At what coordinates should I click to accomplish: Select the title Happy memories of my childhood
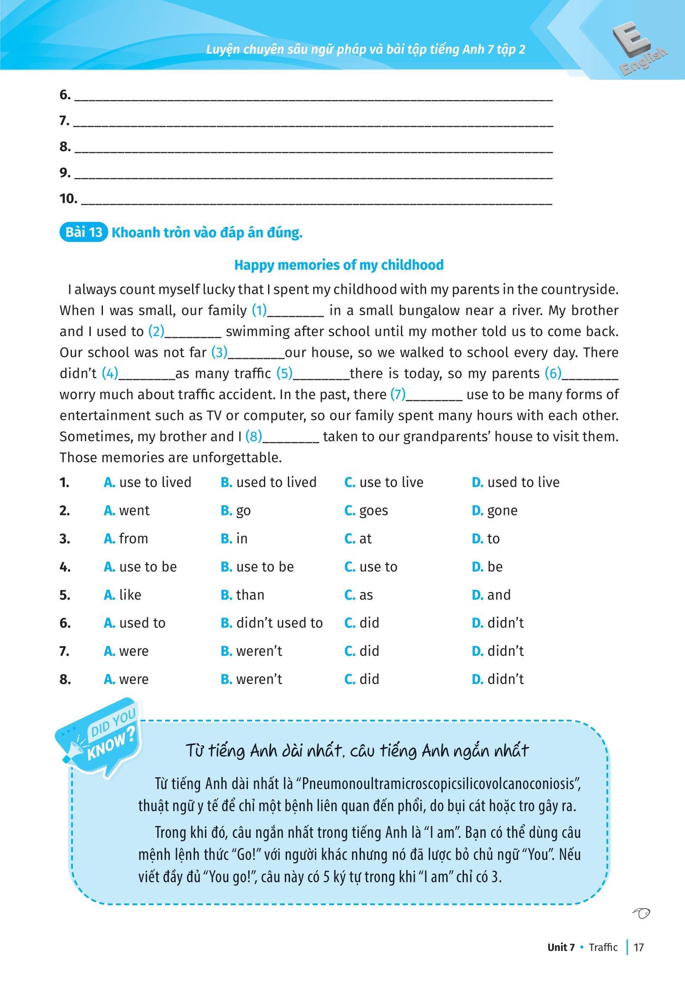(339, 265)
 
